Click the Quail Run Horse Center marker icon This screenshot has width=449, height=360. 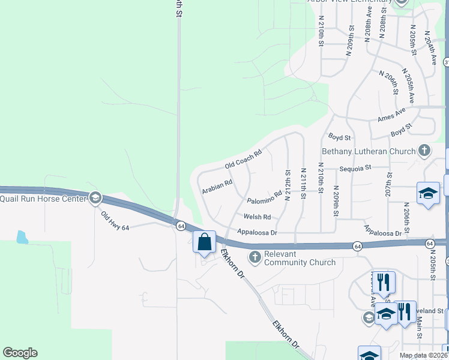coord(95,199)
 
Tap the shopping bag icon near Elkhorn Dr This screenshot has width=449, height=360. coord(204,242)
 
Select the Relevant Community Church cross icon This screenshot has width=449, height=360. coord(255,257)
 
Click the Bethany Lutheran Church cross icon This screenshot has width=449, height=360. coord(424,150)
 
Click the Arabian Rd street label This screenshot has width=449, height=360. coord(217,187)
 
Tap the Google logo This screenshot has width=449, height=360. coord(20,353)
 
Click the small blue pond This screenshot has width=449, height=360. coord(22,237)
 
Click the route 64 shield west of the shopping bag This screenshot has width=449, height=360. coord(180,226)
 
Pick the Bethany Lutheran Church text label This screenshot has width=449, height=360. coord(369,151)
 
